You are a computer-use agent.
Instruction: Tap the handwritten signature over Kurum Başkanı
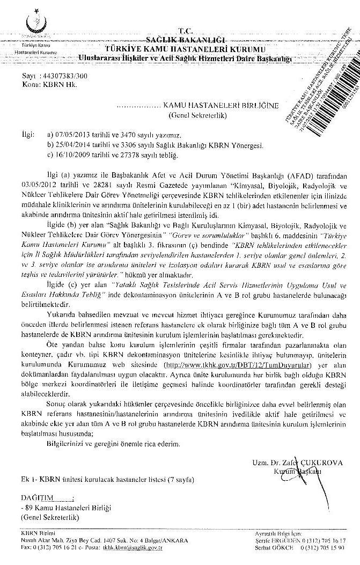point(299,470)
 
